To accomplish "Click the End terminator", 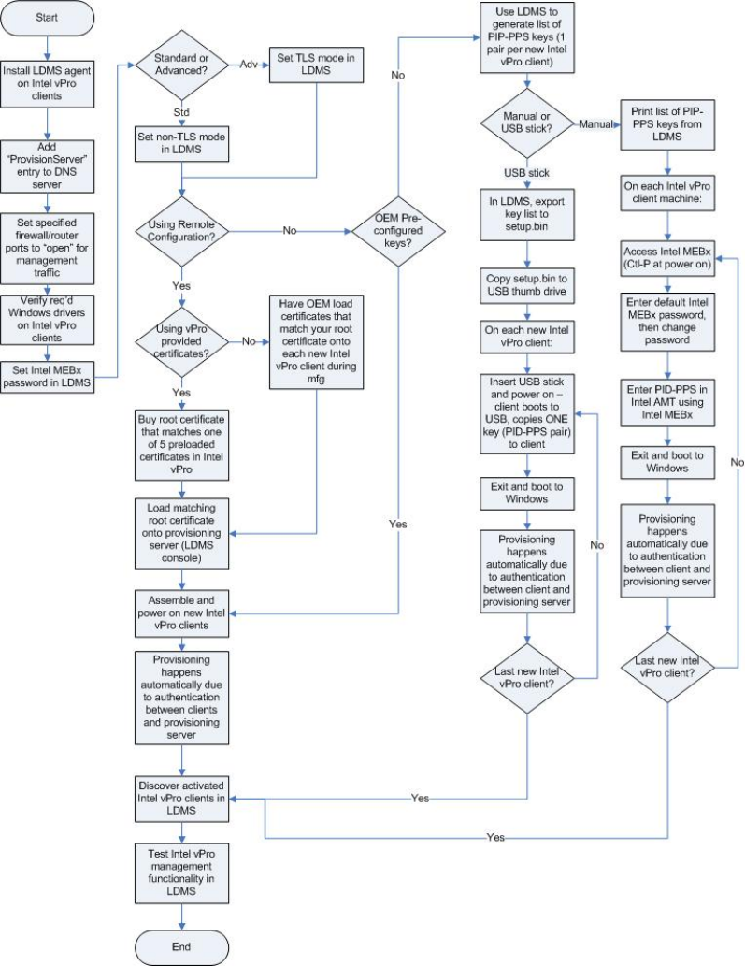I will click(180, 946).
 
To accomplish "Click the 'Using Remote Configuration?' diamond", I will click(180, 229).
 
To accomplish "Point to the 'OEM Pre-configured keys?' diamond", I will click(398, 229).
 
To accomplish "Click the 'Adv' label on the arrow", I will click(249, 66).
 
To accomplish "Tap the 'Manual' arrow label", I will click(597, 124).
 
